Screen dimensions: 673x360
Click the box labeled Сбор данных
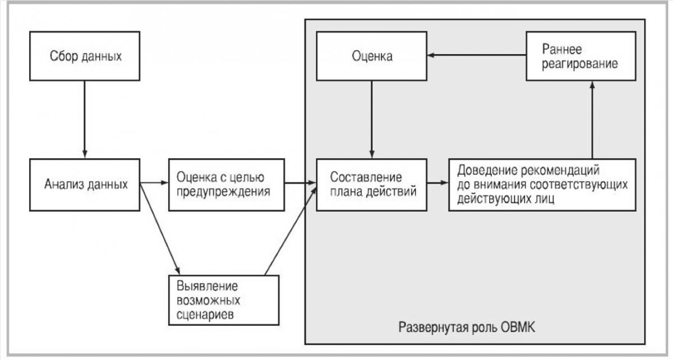[85, 56]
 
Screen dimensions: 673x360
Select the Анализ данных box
[85, 185]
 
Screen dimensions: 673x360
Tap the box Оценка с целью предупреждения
[227, 185]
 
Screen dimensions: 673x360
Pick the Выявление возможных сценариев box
[224, 300]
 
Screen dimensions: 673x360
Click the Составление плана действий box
[372, 185]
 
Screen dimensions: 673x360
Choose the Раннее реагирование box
[581, 56]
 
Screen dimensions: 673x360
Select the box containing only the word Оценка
[372, 56]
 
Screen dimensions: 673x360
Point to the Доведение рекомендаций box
[542, 185]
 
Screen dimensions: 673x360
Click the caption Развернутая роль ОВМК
[467, 327]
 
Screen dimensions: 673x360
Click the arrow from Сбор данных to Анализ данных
[85, 119]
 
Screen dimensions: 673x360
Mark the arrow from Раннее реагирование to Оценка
[477, 56]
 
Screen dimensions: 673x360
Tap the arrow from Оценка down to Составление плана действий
[372, 119]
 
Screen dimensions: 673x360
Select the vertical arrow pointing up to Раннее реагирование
[592, 120]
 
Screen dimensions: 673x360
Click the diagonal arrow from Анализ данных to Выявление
[160, 228]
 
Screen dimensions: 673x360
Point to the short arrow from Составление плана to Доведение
[438, 182]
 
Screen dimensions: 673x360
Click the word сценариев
[205, 315]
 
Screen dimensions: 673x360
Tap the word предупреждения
[223, 192]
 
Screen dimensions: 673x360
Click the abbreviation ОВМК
[518, 327]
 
